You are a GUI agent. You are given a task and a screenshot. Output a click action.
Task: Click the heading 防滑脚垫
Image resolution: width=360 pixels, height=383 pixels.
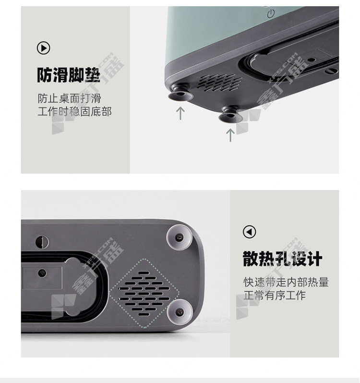click(x=69, y=75)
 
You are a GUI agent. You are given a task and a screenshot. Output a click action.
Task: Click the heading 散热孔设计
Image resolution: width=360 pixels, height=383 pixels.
click(x=282, y=259)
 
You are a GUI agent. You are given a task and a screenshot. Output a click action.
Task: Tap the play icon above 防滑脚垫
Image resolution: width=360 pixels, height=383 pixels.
click(x=43, y=48)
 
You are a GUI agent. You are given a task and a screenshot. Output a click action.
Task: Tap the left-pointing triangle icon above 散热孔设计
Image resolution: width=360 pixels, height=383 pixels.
click(x=249, y=232)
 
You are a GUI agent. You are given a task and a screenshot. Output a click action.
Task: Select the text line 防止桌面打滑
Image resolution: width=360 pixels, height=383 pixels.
click(x=69, y=99)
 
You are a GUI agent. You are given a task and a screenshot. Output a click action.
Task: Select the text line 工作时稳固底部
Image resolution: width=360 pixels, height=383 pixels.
click(x=74, y=111)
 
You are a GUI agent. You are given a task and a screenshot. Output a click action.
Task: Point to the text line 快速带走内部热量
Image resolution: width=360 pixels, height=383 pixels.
click(x=286, y=283)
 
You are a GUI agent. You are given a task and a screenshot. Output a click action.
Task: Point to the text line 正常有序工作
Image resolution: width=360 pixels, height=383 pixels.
click(x=275, y=295)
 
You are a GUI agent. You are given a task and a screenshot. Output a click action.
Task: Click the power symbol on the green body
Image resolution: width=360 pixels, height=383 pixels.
click(x=271, y=13)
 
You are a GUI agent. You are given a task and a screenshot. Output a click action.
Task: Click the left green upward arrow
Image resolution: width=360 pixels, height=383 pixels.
click(x=180, y=113)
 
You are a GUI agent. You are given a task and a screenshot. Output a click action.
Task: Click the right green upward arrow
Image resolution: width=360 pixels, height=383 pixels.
click(x=230, y=135)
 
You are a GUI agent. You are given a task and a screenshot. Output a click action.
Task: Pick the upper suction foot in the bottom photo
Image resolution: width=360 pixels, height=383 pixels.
click(x=179, y=237)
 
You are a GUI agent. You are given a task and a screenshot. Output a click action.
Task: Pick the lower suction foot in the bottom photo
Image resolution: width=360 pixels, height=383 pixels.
click(x=180, y=311)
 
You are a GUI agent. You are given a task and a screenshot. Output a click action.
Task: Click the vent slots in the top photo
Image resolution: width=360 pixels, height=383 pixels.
click(x=219, y=83)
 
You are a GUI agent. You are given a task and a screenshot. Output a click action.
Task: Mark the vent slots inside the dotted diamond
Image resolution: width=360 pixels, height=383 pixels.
click(x=144, y=293)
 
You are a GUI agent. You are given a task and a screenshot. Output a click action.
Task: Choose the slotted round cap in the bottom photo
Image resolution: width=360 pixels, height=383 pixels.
click(x=42, y=242)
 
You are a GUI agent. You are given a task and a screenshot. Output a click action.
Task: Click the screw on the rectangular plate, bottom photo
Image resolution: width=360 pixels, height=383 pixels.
click(x=42, y=273)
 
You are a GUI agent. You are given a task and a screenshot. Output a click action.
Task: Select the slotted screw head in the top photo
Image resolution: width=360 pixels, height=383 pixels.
click(x=332, y=71)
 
